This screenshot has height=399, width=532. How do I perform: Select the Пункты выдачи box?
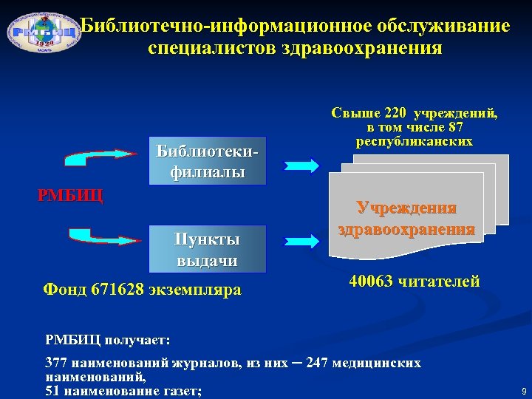[x=207, y=249]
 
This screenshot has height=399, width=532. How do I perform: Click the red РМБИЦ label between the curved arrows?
[x=70, y=197]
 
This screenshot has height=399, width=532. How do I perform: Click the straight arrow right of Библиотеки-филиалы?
[x=303, y=164]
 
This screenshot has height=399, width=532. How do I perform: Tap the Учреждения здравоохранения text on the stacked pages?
[x=406, y=218]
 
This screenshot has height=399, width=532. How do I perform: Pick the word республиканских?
[x=414, y=141]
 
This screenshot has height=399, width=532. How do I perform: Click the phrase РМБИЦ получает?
[x=108, y=340]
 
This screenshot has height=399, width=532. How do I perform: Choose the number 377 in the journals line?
[x=56, y=363]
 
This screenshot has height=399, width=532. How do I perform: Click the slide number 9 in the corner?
[x=522, y=390]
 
